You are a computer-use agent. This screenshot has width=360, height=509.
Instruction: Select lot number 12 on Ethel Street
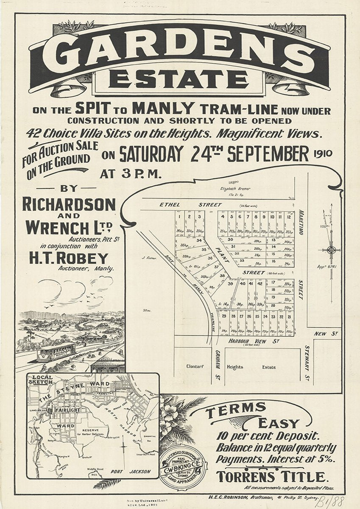(x=288, y=217)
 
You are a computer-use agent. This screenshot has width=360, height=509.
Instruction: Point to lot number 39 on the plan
(x=231, y=284)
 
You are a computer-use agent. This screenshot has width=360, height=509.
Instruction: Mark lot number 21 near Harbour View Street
(x=289, y=316)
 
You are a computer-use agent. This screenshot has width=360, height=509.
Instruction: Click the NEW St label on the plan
(x=326, y=334)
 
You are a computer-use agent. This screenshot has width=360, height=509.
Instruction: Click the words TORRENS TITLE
(x=272, y=475)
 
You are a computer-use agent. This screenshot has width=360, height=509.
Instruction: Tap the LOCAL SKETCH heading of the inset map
(x=41, y=379)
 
